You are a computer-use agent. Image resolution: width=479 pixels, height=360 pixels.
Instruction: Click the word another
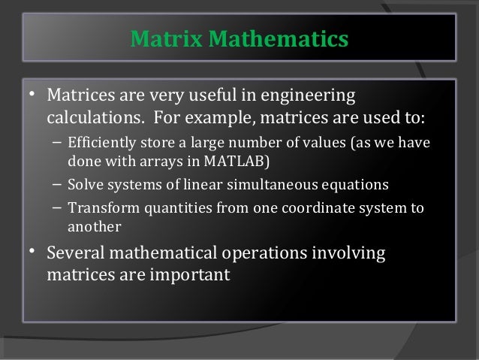coord(93,225)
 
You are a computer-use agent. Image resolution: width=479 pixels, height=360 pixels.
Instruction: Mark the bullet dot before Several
coord(33,252)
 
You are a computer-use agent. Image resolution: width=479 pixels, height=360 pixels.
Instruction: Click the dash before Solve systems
coord(58,184)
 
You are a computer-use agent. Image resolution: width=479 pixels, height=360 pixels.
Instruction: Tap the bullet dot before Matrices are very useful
coord(33,95)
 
